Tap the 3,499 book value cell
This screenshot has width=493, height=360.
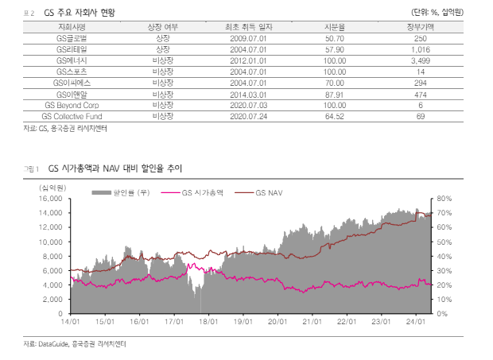point(421,60)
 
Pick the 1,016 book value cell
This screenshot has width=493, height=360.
point(421,49)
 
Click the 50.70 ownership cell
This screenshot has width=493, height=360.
point(335,38)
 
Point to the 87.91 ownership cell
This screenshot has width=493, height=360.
point(335,94)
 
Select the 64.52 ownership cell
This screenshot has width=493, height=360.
point(335,116)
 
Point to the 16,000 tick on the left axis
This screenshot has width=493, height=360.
point(50,199)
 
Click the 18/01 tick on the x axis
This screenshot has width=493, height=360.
point(208,323)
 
